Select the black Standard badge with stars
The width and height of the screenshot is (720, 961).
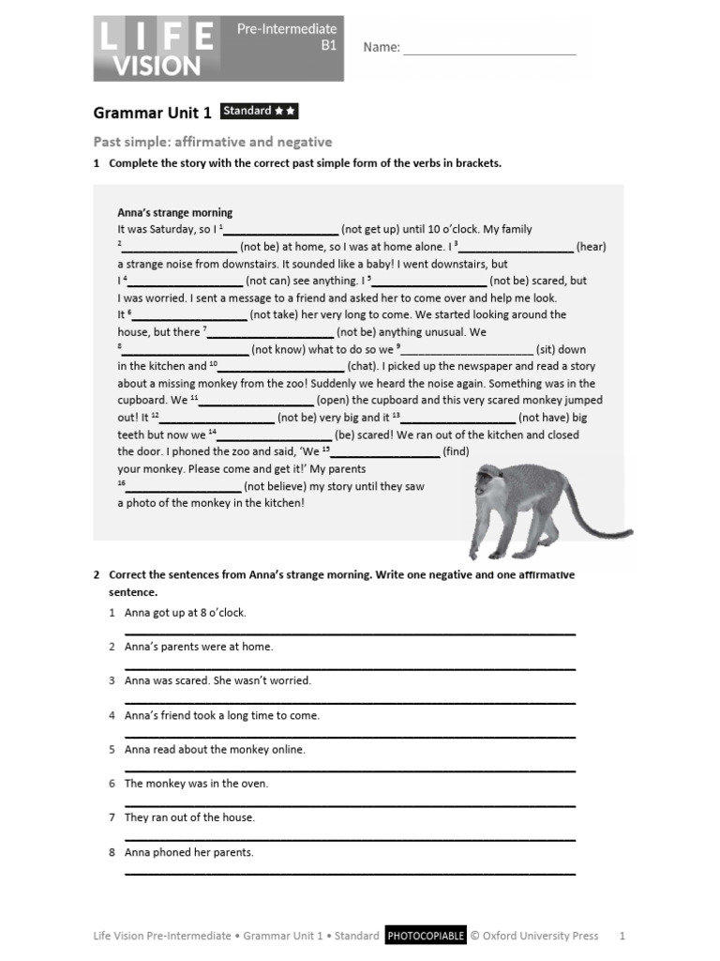coord(260,112)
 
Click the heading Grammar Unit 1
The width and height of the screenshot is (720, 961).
coord(152,114)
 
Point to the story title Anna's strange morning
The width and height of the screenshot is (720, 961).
coord(174,212)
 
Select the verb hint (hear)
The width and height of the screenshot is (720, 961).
coord(591,247)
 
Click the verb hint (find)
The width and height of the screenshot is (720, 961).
coord(456,451)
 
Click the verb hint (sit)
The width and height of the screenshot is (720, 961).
coord(548,349)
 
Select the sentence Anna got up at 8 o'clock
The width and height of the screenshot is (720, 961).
coord(185,613)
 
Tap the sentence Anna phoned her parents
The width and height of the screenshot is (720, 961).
coord(188,852)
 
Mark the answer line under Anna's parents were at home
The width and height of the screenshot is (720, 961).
coord(350,667)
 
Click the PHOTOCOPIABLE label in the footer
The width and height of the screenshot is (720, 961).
coord(425,936)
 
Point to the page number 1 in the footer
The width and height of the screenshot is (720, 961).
coord(622,936)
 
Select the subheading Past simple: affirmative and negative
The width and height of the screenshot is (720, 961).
coord(213,142)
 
